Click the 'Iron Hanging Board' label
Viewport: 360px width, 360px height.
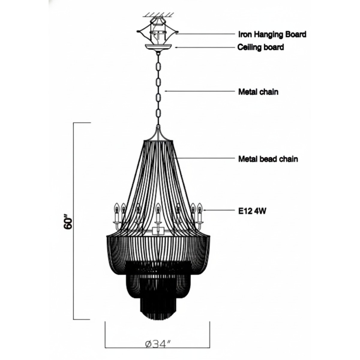click(272, 34)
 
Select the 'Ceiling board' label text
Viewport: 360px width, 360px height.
click(261, 47)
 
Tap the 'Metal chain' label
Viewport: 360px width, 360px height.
click(258, 92)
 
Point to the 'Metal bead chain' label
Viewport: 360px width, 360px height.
click(268, 159)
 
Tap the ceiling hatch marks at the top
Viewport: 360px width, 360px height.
click(159, 14)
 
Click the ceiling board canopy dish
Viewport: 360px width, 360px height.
click(159, 47)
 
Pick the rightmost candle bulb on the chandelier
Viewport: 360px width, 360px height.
click(199, 209)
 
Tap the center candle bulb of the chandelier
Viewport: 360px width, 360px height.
click(158, 209)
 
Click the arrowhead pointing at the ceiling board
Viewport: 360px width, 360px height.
click(176, 47)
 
